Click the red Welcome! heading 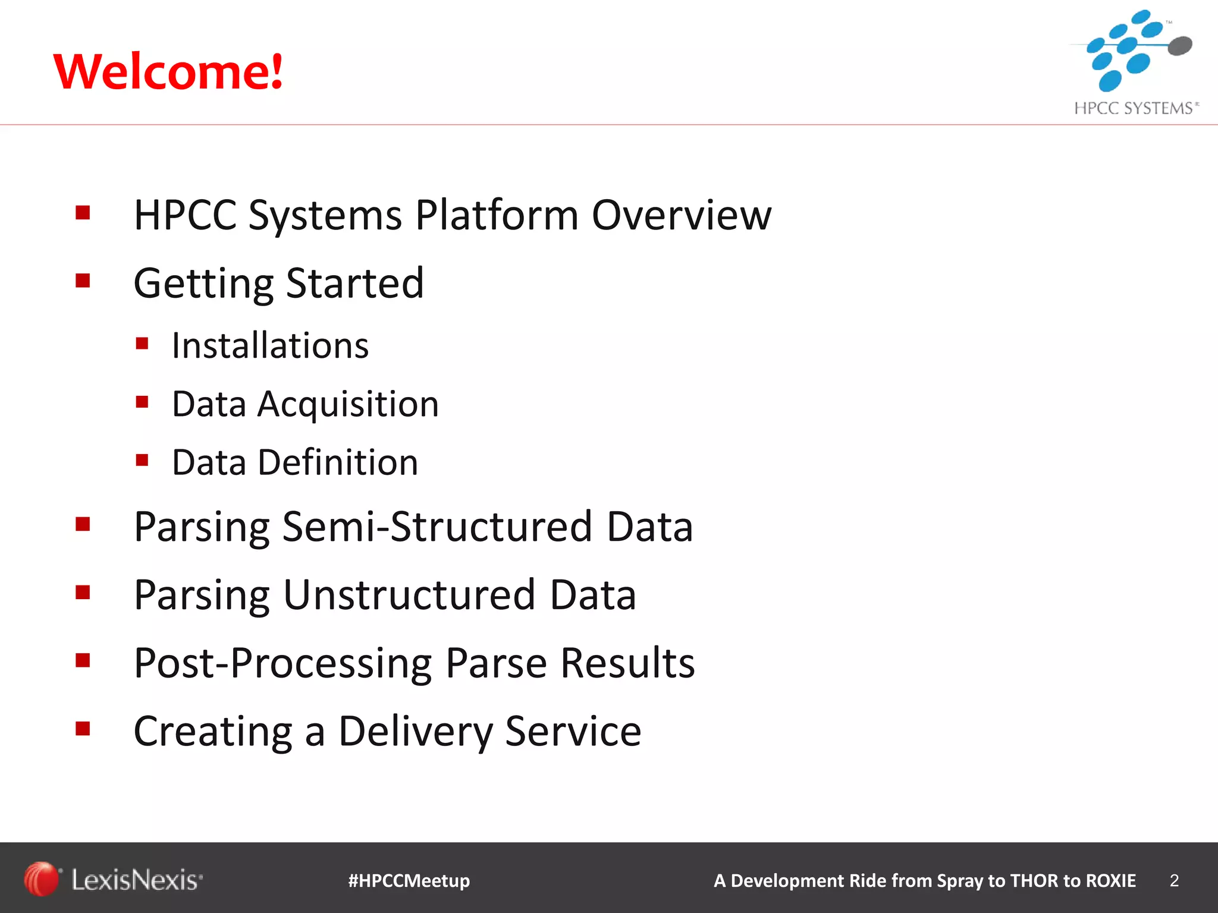(168, 71)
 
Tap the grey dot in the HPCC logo (1180, 46)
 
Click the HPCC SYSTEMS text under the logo (1135, 108)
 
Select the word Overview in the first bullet (682, 215)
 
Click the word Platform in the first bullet (497, 215)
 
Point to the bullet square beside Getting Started (83, 280)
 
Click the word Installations (270, 345)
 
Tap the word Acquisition (348, 404)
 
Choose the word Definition (338, 462)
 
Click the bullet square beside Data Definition (142, 460)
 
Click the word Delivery (415, 731)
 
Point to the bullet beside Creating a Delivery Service (83, 728)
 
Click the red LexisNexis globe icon (40, 879)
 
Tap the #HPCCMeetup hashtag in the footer (409, 880)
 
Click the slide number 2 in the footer (1174, 880)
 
